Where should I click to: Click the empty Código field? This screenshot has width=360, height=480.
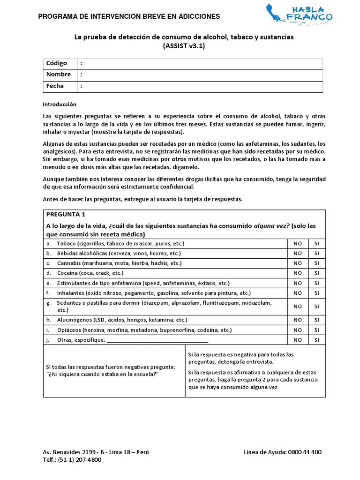click(202, 63)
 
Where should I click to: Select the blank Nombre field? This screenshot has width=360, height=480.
click(202, 75)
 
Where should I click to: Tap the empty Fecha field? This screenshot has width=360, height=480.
click(202, 86)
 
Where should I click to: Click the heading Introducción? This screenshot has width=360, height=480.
click(59, 104)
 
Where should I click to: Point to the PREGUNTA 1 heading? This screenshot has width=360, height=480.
click(66, 215)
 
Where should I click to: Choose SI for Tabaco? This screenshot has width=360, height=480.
click(316, 244)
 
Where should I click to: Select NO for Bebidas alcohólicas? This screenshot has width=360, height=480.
click(297, 253)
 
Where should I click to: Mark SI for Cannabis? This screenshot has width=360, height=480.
click(316, 263)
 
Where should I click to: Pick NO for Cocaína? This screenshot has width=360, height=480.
click(297, 273)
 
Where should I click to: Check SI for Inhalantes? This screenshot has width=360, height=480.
click(316, 293)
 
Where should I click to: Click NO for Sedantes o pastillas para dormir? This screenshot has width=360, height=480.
click(297, 307)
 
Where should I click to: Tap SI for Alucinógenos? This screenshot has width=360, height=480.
click(316, 320)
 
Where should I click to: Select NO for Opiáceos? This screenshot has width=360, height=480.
click(297, 330)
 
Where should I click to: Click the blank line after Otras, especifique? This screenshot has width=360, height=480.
click(157, 340)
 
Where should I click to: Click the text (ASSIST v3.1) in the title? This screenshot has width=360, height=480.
click(184, 46)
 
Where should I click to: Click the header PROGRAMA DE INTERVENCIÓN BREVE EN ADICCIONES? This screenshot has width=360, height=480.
click(129, 16)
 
